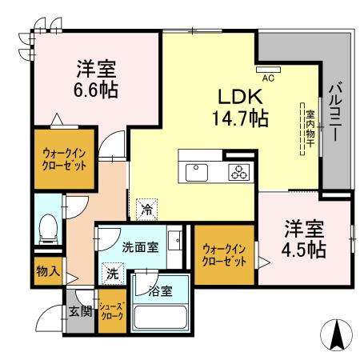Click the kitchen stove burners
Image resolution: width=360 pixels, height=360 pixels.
pyautogui.click(x=239, y=170)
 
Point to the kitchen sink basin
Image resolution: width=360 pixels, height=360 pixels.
pyautogui.click(x=196, y=170)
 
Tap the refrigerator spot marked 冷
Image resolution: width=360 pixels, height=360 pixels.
pyautogui.click(x=146, y=210)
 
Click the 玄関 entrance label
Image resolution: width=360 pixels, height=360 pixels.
pyautogui.click(x=78, y=311)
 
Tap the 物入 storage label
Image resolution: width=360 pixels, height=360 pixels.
pyautogui.click(x=47, y=271)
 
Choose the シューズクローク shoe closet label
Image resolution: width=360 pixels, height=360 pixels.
pyautogui.click(x=110, y=311)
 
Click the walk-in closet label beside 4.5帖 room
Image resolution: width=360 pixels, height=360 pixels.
pyautogui.click(x=223, y=255)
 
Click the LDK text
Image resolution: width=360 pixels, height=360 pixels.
pyautogui.click(x=236, y=96)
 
